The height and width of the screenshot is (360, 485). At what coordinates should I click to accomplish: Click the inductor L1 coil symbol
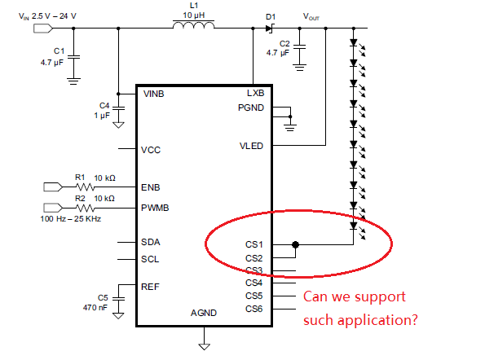[193, 25]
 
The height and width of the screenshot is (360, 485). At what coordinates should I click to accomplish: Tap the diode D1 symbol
[270, 29]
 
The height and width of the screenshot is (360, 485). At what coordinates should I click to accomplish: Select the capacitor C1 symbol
[73, 57]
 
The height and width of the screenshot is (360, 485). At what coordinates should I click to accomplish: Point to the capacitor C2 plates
[299, 46]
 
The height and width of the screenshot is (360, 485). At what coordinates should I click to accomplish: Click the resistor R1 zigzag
[85, 187]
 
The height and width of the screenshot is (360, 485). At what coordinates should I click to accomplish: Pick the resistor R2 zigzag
[85, 208]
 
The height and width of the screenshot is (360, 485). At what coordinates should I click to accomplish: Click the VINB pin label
[154, 94]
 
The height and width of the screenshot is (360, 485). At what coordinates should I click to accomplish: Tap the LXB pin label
[255, 93]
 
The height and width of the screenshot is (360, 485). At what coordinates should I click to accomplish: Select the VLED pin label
[251, 146]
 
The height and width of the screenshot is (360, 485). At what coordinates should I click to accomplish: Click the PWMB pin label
[155, 208]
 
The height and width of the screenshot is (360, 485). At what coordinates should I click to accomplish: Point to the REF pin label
[150, 287]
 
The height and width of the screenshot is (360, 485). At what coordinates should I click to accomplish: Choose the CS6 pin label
[254, 309]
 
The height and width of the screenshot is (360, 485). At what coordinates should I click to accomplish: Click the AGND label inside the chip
[204, 313]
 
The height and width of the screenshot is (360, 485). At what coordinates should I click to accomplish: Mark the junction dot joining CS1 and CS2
[295, 244]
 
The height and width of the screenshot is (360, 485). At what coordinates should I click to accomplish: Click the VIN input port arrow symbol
[43, 29]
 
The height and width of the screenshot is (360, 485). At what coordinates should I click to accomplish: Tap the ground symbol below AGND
[204, 347]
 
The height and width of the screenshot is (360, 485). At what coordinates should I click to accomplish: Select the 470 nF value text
[95, 308]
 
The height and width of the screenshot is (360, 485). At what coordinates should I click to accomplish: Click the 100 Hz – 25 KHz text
[71, 219]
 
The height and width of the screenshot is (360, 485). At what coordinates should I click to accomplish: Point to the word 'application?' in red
[377, 321]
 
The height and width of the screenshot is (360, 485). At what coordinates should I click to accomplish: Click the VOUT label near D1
[311, 16]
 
